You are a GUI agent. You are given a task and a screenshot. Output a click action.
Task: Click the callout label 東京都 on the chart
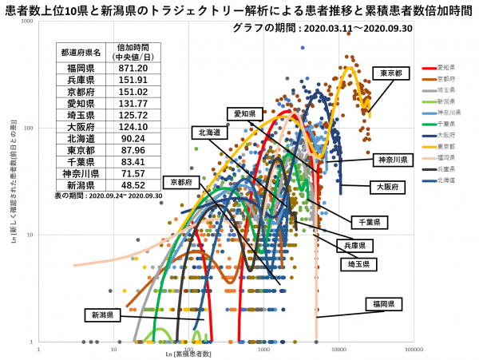[x=391, y=73]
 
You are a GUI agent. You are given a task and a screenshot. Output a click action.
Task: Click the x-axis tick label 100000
[x=414, y=349]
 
